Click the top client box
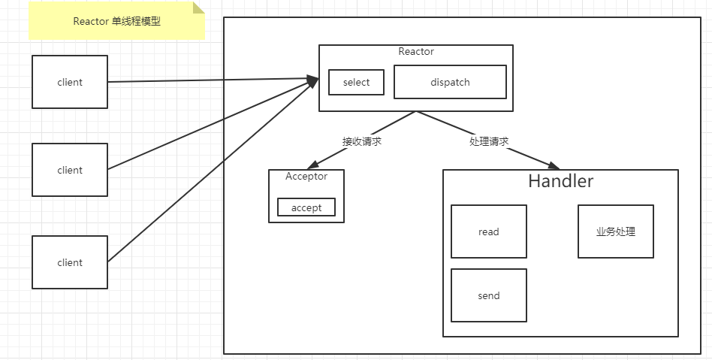pyautogui.click(x=70, y=82)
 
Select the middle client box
pyautogui.click(x=70, y=170)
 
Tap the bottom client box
pyautogui.click(x=70, y=262)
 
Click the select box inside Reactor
pyautogui.click(x=356, y=82)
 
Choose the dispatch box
pyautogui.click(x=450, y=82)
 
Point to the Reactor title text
pyautogui.click(x=416, y=52)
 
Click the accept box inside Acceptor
pyautogui.click(x=306, y=207)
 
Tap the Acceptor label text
pyautogui.click(x=306, y=177)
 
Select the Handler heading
pyautogui.click(x=560, y=181)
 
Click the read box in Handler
pyautogui.click(x=488, y=231)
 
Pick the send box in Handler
pyautogui.click(x=488, y=295)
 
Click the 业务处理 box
pyautogui.click(x=615, y=231)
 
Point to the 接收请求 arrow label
pyautogui.click(x=361, y=141)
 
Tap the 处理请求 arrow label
pyautogui.click(x=489, y=141)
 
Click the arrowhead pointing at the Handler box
pyautogui.click(x=554, y=166)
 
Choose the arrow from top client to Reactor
pyautogui.click(x=210, y=80)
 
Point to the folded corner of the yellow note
pyautogui.click(x=199, y=8)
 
